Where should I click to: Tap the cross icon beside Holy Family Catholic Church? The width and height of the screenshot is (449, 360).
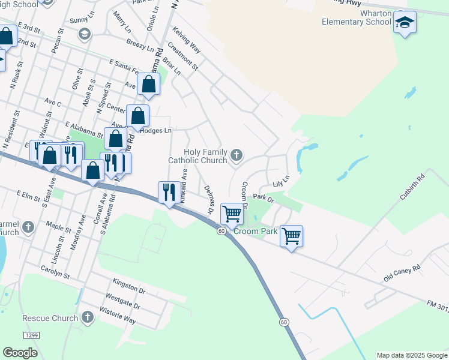[x=237, y=156]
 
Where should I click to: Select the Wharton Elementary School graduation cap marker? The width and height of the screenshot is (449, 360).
[x=405, y=23]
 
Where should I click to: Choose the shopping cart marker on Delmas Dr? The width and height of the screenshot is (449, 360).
[x=232, y=213]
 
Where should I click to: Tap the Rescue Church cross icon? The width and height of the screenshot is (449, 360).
[x=88, y=317]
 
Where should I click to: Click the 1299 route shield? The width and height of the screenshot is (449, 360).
[x=31, y=334]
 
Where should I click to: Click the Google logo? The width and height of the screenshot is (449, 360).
[x=20, y=353]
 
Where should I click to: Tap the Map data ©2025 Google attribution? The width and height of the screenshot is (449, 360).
[x=412, y=355]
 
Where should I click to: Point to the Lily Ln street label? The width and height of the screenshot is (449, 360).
[x=281, y=180]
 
